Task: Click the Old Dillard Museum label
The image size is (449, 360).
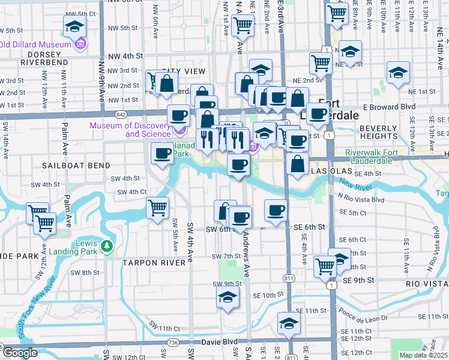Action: [x=35, y=44]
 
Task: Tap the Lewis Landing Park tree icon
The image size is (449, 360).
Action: [x=106, y=245]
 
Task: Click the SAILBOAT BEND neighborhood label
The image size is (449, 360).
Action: [x=76, y=165]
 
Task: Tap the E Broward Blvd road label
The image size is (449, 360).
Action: [x=391, y=106]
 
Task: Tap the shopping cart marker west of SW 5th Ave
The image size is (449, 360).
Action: [x=157, y=209]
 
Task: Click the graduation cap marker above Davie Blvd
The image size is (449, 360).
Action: [x=289, y=324]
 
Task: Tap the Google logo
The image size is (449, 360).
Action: [x=20, y=353]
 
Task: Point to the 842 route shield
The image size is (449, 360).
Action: [x=122, y=113]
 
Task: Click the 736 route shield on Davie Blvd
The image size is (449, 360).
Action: [x=173, y=342]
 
